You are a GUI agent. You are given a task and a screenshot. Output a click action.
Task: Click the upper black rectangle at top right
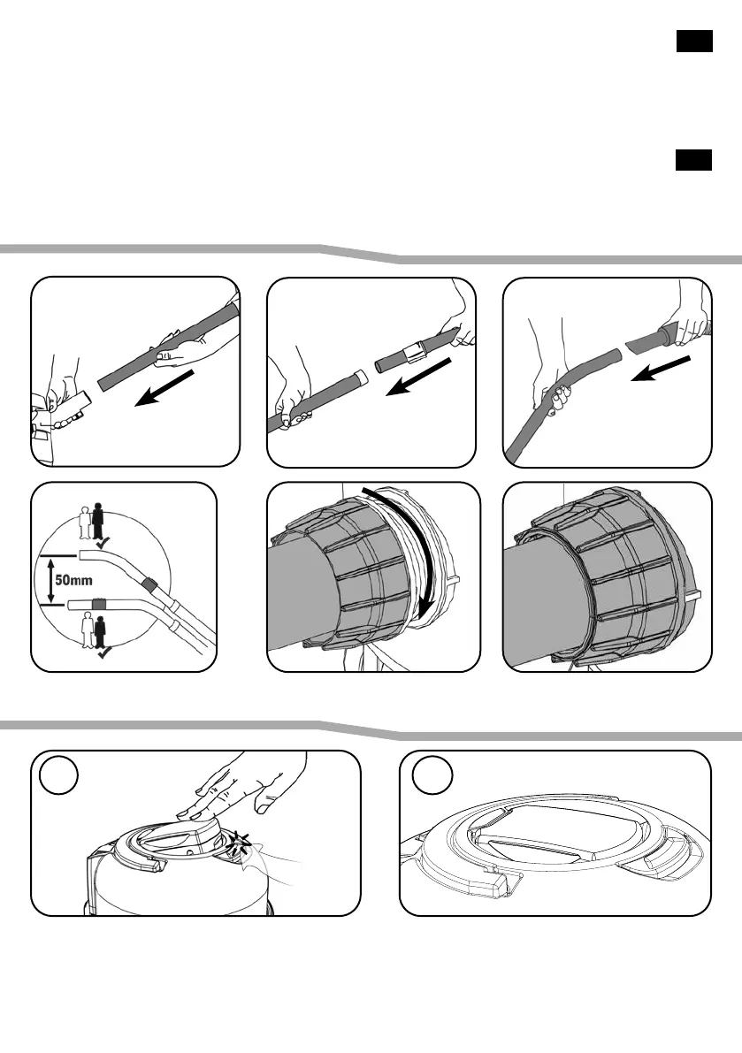pyautogui.click(x=694, y=42)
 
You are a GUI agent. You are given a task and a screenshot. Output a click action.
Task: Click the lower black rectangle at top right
pyautogui.click(x=694, y=160)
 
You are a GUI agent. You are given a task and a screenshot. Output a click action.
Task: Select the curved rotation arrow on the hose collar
pyautogui.click(x=416, y=557)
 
